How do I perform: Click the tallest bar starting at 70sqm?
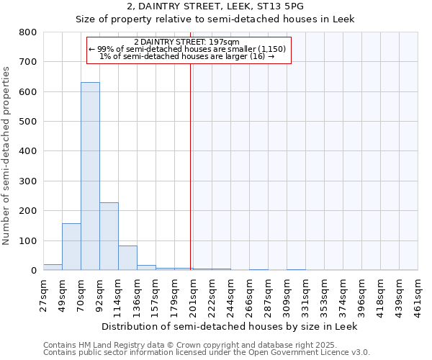(x=90, y=176)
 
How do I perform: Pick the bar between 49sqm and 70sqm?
(x=71, y=246)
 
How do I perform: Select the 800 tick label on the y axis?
(x=27, y=32)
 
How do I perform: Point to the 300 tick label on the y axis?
(x=27, y=181)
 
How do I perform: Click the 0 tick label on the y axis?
(x=33, y=271)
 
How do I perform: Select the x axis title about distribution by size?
(x=230, y=326)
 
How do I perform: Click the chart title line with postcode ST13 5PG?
(x=215, y=6)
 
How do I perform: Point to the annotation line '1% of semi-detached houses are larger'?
(x=186, y=56)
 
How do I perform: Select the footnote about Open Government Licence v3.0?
(x=207, y=353)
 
